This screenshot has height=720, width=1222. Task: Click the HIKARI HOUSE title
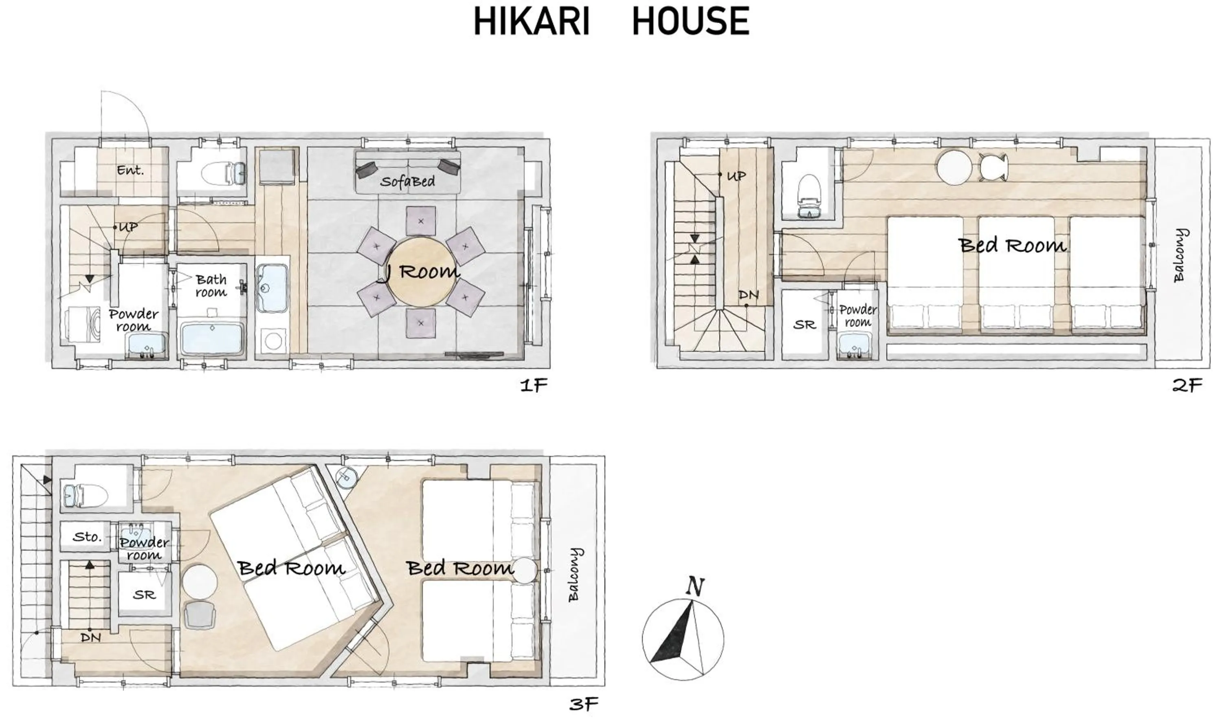tap(611, 21)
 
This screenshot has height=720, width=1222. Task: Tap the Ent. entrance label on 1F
tap(130, 170)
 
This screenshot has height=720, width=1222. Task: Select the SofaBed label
tap(407, 182)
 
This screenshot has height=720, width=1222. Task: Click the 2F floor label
tap(1187, 386)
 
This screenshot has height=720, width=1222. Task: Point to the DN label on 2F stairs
tap(748, 295)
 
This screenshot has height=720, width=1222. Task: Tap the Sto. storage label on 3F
tap(87, 537)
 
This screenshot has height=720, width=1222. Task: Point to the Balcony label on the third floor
tap(574, 575)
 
